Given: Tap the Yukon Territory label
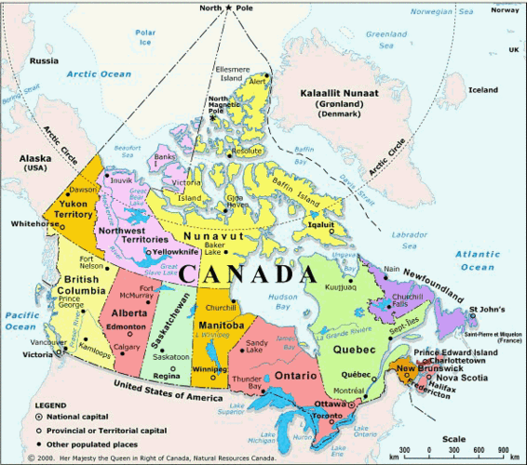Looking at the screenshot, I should pos(70,207).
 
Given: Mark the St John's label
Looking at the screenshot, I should pos(486,309).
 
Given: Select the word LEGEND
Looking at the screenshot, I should pos(51,407).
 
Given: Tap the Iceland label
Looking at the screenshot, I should pos(483,90).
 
